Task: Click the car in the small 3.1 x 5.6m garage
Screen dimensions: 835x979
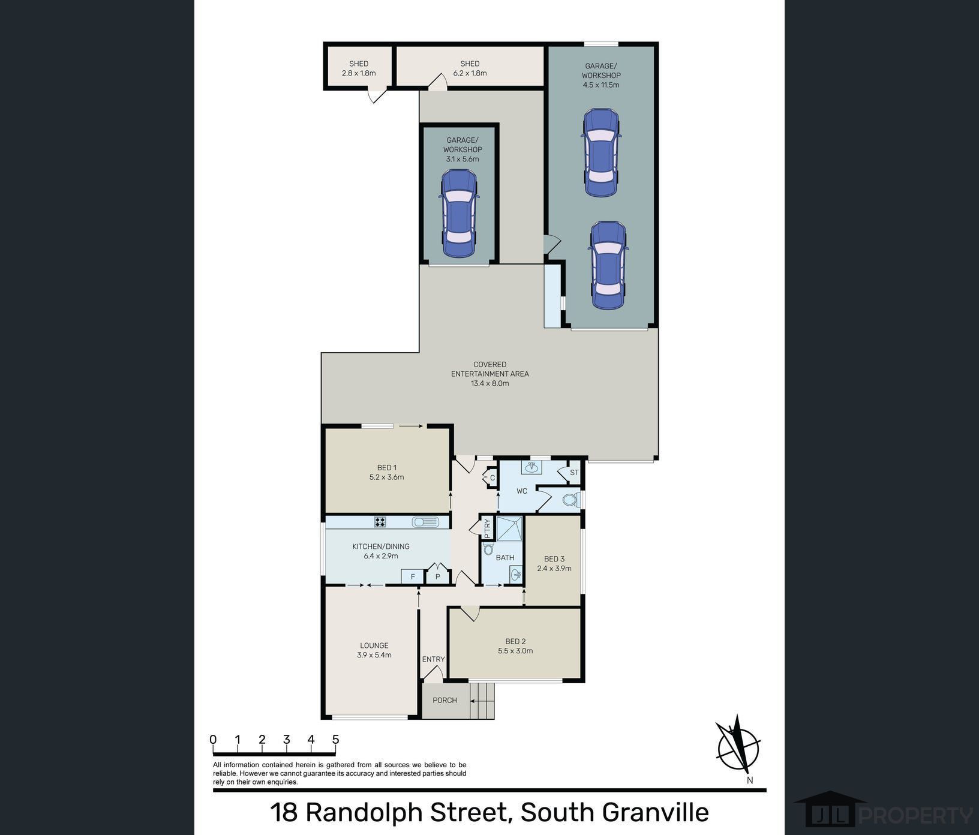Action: pos(460,214)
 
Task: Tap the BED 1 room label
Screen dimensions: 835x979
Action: pos(387,468)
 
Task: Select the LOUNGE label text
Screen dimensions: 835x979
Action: pos(374,645)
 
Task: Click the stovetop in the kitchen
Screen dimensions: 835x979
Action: pos(380,522)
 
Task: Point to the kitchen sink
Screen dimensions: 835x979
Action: pos(425,522)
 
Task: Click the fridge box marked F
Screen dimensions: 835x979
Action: pos(413,577)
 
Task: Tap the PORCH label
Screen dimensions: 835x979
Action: pos(445,700)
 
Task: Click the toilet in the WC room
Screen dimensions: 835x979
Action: pos(570,499)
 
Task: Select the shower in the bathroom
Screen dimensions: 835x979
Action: pos(509,528)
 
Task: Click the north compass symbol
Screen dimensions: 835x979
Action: pos(738,747)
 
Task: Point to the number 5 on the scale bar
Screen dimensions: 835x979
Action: pos(335,740)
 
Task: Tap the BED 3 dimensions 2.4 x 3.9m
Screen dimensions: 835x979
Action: pos(554,569)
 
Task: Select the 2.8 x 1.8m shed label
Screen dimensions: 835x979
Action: pos(359,73)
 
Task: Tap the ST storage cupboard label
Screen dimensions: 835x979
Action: pos(574,473)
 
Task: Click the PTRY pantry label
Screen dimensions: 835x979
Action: pos(487,528)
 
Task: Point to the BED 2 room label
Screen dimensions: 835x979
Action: pos(515,641)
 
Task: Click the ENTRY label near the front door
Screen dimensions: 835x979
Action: pos(433,659)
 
